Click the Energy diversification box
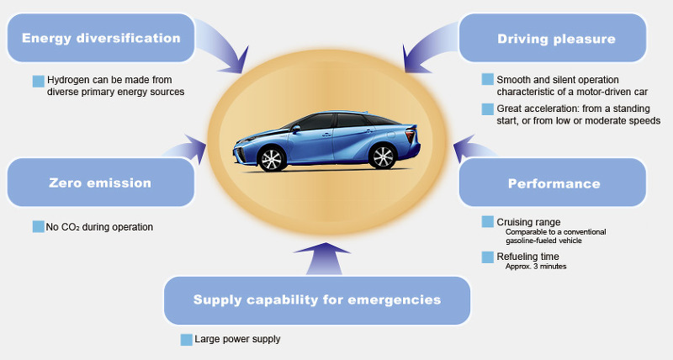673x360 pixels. point(101,39)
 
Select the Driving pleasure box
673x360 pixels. point(555,39)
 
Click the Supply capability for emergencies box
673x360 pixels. point(316,299)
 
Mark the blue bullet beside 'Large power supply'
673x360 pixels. point(187,339)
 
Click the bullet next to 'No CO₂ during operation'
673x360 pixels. point(38,226)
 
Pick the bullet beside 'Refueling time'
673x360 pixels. point(488,257)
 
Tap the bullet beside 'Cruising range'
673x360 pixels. point(488,222)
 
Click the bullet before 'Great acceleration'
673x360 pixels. point(488,109)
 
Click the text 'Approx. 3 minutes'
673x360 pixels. point(536,267)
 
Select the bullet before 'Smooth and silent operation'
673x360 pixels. point(488,79)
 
